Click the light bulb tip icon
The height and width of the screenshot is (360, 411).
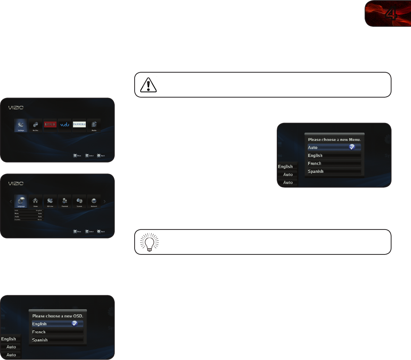click(149, 242)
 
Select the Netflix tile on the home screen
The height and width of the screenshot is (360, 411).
click(50, 125)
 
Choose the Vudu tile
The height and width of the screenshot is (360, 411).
click(65, 125)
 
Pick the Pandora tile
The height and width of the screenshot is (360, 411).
click(79, 125)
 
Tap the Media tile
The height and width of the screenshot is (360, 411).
click(94, 125)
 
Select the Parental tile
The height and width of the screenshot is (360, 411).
click(65, 201)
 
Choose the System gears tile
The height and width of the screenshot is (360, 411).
click(79, 201)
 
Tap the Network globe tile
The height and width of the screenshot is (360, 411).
click(94, 201)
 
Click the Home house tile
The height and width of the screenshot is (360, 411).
click(35, 201)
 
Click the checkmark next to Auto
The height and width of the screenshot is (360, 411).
click(352, 147)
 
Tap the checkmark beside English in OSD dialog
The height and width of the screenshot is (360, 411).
click(75, 323)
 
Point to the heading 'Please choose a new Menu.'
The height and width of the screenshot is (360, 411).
click(334, 139)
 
